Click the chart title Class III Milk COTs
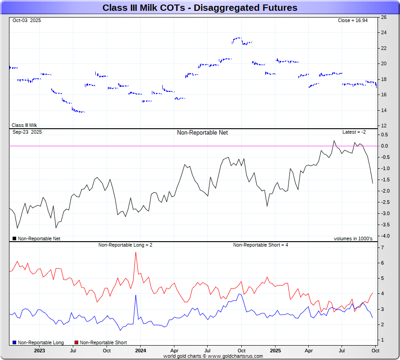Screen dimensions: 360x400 click(x=200, y=8)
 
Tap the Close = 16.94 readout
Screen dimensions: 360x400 click(x=352, y=20)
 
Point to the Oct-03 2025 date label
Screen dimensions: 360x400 click(x=27, y=20)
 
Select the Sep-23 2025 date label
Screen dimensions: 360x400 click(x=27, y=132)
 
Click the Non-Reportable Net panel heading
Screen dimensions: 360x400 click(x=202, y=133)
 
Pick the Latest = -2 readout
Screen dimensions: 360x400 click(x=354, y=132)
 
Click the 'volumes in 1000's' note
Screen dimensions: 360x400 click(x=353, y=238)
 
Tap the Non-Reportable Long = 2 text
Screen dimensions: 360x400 click(x=125, y=245)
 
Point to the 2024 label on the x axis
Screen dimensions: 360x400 click(x=141, y=351)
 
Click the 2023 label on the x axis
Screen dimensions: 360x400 click(x=39, y=351)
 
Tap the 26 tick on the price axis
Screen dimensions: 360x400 click(x=383, y=17)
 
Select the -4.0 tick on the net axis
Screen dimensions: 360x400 click(x=385, y=236)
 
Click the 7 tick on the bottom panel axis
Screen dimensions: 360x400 click(x=382, y=247)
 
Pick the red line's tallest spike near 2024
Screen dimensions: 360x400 click(x=136, y=252)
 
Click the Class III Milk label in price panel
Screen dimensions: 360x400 click(x=24, y=125)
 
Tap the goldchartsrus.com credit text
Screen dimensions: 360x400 click(x=213, y=356)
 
